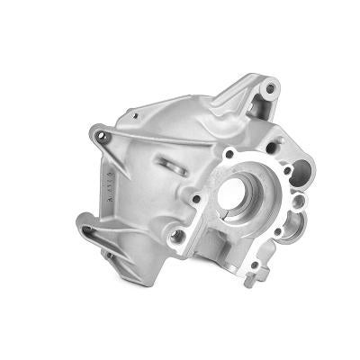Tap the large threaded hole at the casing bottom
tap(177, 236)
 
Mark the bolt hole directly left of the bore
tap(196, 198)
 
